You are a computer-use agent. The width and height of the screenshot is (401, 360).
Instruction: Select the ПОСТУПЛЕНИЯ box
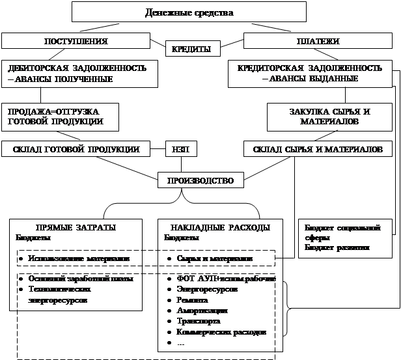[75, 40]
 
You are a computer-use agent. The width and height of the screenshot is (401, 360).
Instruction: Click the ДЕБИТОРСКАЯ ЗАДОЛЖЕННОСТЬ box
[79, 74]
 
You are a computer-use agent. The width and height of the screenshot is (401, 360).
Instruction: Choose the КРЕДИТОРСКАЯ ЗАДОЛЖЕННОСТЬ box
[309, 74]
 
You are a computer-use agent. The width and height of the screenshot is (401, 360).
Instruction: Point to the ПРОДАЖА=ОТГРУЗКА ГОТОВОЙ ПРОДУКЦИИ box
[52, 116]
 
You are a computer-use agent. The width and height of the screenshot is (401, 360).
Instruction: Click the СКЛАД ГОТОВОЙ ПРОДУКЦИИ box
[77, 150]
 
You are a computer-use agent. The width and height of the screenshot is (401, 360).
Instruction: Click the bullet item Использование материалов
[82, 258]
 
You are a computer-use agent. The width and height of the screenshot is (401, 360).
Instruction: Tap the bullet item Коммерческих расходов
[221, 332]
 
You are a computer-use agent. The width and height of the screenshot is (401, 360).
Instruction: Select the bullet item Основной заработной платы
[81, 279]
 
